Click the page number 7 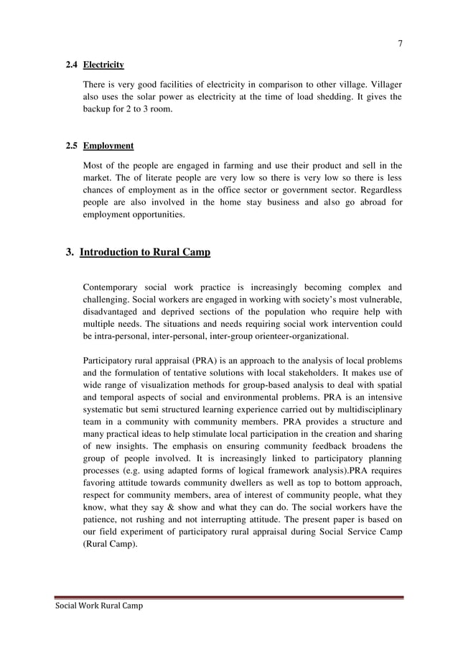point(400,43)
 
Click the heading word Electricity point(103,65)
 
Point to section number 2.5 point(71,146)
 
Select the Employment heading point(108,146)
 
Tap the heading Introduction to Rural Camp point(145,252)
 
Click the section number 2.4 point(71,65)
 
